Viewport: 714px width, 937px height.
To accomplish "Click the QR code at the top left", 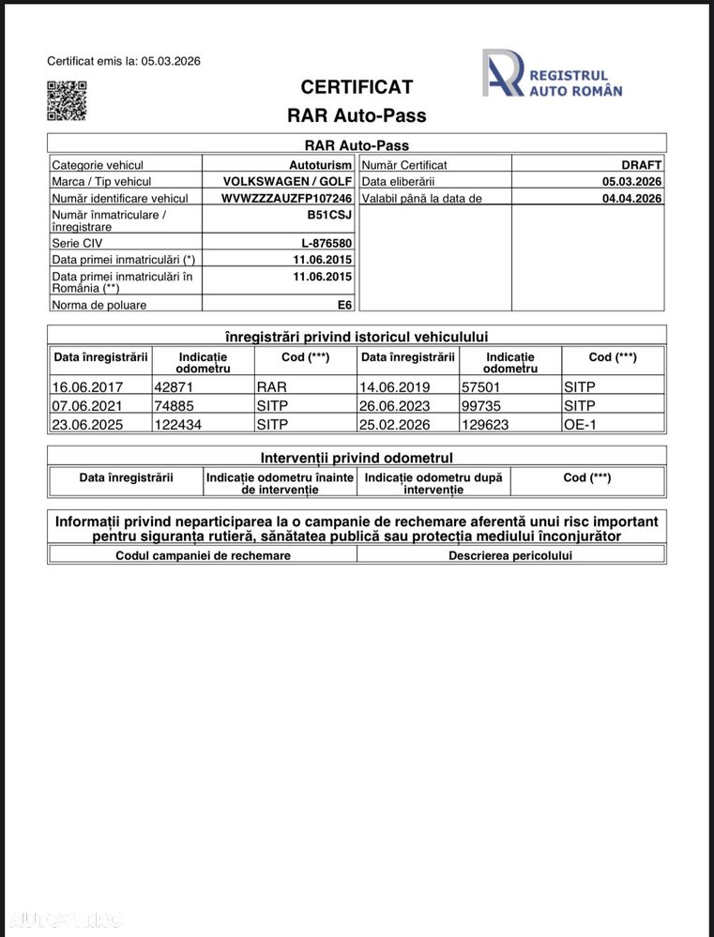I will coord(67,100).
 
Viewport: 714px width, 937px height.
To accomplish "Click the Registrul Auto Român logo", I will coord(552,74).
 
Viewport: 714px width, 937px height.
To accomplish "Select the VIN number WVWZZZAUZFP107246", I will coord(286,199).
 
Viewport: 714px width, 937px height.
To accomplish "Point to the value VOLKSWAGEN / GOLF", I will coord(287,182).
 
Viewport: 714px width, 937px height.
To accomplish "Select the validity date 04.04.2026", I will coord(631,199).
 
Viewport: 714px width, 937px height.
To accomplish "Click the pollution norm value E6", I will coord(344,305).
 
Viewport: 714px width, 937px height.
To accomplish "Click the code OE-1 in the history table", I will coord(580,424).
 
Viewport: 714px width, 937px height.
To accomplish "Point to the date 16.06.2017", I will coord(87,386).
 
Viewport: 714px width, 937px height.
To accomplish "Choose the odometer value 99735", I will coord(481,405).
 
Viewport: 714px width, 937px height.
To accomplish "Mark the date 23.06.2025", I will coord(87,424).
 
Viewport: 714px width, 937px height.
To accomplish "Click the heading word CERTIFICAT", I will coord(357,87).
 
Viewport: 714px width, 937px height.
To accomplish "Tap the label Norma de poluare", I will coord(99,305).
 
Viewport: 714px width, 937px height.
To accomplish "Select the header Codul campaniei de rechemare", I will coord(203,555).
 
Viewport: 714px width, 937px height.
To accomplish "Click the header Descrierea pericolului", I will coord(510,555).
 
